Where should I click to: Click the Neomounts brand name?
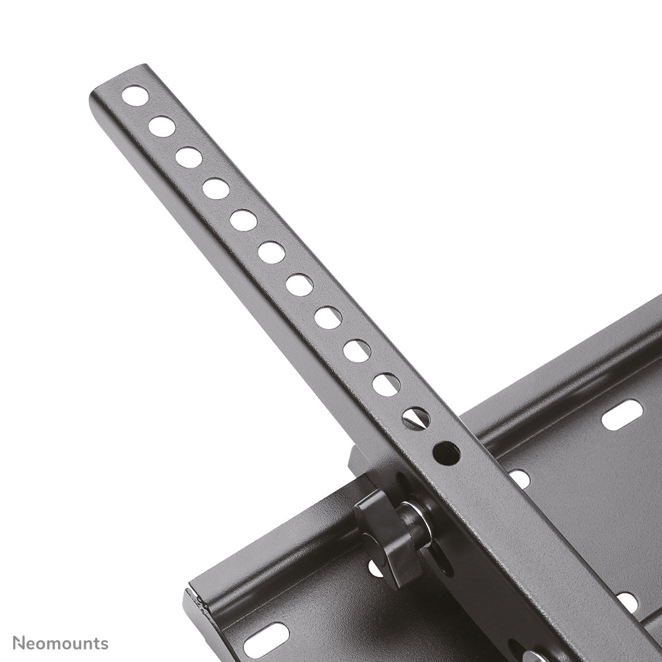(x=60, y=643)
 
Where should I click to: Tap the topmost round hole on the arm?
(x=135, y=96)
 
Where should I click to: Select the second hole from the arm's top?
(x=162, y=127)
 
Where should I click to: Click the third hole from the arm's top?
(x=189, y=158)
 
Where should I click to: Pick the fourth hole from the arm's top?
(x=216, y=189)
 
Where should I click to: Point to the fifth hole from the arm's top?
(x=243, y=220)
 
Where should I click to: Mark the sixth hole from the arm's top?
(x=271, y=252)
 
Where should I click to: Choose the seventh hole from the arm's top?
(x=299, y=285)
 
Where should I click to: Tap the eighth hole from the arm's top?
(x=328, y=318)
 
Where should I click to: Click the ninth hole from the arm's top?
(x=357, y=351)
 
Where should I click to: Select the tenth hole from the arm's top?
(x=386, y=384)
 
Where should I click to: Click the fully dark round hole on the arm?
(x=446, y=453)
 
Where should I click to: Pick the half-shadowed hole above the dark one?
(x=416, y=418)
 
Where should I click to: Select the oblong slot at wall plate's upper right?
(x=622, y=415)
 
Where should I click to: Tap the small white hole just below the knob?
(x=376, y=568)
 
